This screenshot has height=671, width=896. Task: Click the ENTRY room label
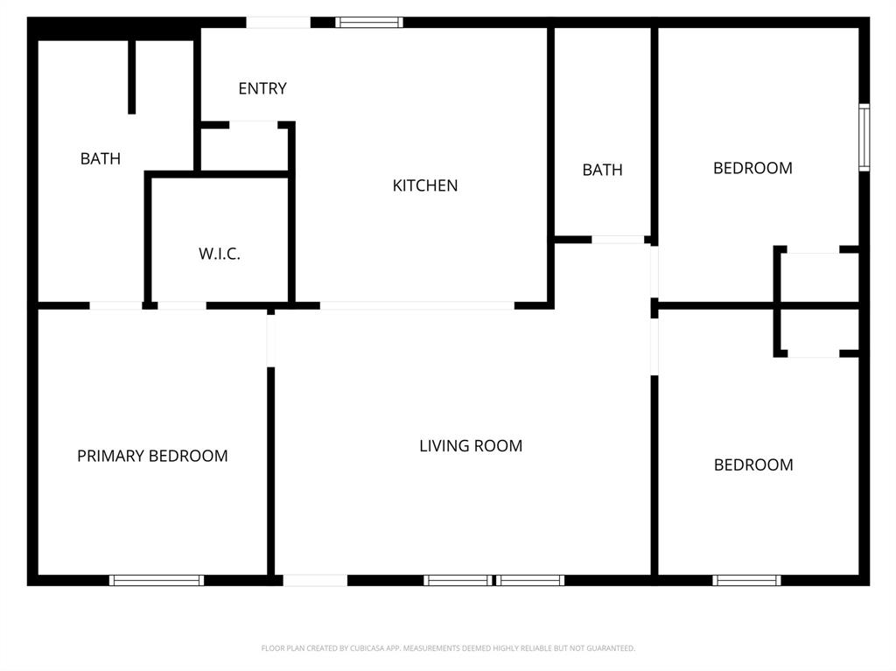[262, 88]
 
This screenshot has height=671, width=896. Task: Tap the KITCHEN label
[424, 185]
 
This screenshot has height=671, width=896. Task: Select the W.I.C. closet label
[219, 255]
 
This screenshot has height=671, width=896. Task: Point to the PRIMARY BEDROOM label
[152, 456]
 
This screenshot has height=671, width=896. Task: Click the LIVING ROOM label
[471, 446]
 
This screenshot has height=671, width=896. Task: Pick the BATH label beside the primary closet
[101, 158]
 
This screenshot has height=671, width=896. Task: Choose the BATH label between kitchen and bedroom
[602, 170]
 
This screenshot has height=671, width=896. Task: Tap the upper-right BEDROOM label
[752, 168]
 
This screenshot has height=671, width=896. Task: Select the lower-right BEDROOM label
[753, 465]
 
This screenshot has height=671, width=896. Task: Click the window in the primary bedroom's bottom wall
[157, 580]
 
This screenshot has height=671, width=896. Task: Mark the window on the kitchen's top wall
[369, 22]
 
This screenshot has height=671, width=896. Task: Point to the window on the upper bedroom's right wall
[864, 137]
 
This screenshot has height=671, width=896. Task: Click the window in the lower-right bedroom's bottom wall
[746, 580]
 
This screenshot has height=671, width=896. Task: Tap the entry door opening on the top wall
[277, 22]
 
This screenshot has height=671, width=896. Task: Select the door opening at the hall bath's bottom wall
[618, 239]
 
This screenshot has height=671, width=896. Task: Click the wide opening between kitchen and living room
[416, 305]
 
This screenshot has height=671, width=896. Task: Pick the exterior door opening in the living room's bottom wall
[315, 580]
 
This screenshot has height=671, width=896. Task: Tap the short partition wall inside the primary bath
[132, 76]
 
